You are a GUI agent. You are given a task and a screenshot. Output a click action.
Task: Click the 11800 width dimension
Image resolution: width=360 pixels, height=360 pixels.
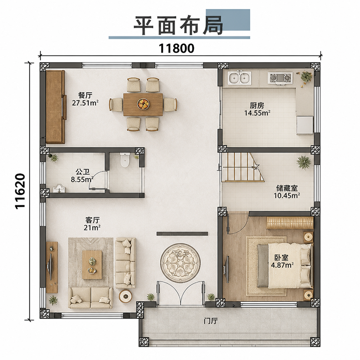click(176, 49)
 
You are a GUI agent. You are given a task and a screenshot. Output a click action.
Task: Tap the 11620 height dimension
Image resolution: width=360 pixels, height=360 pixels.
click(20, 191)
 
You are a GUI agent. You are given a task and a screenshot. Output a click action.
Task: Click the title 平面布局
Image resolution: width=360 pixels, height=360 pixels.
click(178, 25)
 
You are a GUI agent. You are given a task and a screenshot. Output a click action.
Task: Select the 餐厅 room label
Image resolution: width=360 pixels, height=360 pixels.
click(85, 95)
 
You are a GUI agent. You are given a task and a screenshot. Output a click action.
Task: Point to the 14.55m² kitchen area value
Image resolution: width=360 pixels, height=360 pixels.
click(257, 113)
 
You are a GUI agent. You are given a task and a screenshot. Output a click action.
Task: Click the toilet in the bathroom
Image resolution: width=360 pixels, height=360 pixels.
click(125, 160)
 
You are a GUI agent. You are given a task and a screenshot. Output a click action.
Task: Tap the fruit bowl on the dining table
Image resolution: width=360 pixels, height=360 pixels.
click(143, 104)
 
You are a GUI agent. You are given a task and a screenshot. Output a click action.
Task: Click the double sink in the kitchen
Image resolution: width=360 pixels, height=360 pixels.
click(239, 77)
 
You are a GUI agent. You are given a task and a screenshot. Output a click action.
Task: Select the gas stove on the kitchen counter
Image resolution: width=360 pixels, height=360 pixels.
click(280, 77)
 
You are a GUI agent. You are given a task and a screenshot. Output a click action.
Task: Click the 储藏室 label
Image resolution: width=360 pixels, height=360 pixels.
click(287, 188)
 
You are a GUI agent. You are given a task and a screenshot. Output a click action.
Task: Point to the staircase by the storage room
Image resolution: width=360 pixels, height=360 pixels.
click(242, 167)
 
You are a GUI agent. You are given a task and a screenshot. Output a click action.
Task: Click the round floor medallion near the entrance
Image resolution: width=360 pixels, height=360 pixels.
click(180, 263)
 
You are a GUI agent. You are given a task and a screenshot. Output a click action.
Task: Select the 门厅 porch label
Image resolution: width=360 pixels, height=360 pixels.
click(211, 321)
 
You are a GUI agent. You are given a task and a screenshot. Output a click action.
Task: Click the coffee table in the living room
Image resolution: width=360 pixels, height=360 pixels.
click(92, 265)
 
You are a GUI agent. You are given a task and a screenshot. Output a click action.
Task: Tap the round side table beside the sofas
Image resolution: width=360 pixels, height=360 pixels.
click(126, 296)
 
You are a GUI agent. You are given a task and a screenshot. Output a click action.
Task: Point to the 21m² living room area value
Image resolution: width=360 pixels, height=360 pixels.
click(92, 228)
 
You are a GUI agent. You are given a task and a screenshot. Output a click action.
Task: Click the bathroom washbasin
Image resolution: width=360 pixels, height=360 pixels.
click(59, 188)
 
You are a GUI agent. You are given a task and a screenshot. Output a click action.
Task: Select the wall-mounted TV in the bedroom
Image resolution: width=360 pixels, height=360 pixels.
click(227, 269)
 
